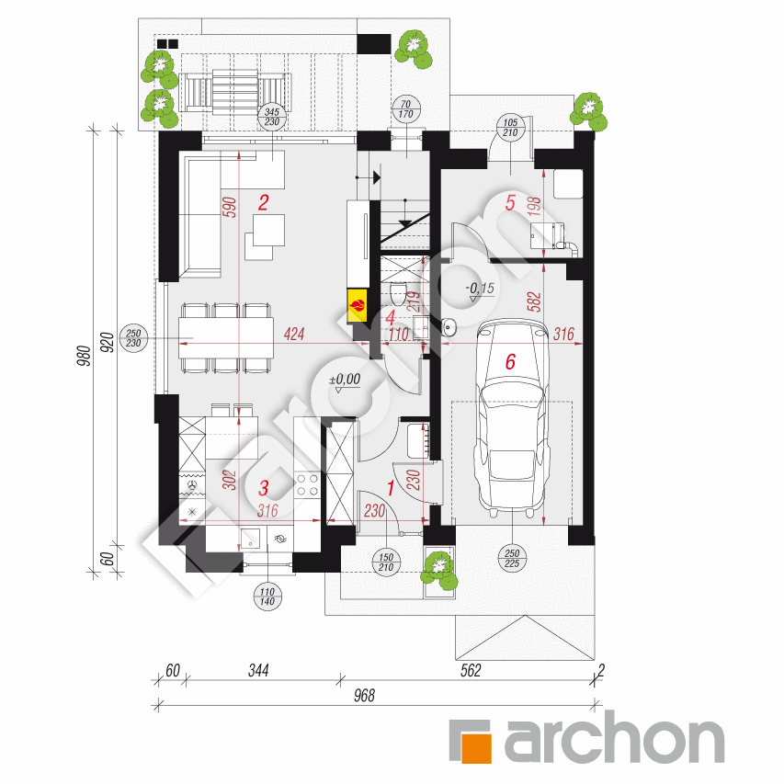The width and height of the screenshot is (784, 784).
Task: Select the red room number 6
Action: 511,363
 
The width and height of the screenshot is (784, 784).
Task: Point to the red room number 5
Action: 510,203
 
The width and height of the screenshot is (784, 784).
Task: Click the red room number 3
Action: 263,487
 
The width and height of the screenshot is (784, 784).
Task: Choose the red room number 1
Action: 390,488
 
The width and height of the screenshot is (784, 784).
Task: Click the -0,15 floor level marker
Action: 479,290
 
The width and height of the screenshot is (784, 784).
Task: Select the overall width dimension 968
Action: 364,696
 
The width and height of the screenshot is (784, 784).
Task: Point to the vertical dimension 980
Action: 81,353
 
